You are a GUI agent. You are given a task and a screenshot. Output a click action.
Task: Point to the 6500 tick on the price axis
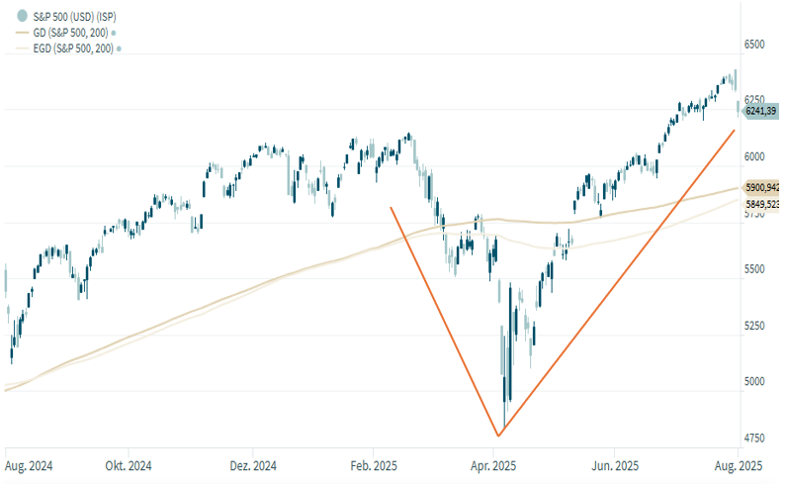757,46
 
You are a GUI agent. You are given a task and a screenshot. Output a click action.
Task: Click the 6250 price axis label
757,100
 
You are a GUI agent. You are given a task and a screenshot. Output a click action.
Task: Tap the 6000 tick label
757,156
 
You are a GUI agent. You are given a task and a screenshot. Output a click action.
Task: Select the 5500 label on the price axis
757,269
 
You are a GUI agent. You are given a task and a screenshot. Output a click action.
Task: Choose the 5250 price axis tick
757,326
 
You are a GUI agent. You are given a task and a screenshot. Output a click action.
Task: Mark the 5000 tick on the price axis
757,382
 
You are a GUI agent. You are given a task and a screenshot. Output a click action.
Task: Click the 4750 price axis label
757,438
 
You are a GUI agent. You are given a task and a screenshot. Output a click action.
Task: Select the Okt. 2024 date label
130,465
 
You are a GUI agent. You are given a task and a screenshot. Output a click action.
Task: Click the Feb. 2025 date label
374,465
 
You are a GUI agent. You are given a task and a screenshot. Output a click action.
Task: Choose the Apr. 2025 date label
491,465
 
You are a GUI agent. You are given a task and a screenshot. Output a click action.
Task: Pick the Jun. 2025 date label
614,465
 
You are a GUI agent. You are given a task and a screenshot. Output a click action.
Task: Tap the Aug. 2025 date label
737,465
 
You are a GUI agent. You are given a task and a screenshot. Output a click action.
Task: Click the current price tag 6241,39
760,112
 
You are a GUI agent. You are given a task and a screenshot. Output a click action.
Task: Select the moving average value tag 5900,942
762,187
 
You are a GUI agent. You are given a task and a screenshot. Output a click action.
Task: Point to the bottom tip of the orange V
498,436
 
